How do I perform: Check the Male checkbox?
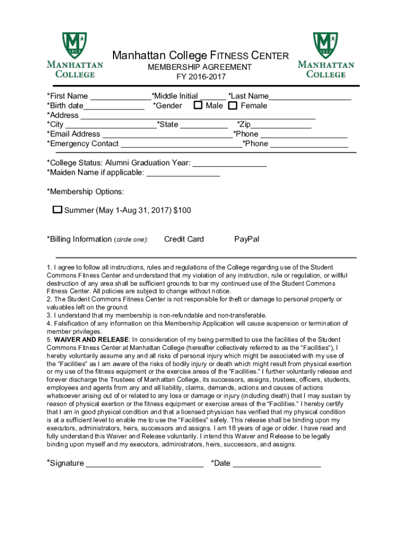(198, 106)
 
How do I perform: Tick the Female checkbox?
(233, 106)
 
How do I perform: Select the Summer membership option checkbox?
(57, 210)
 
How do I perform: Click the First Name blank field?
(120, 96)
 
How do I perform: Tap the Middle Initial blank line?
(212, 96)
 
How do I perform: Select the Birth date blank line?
(114, 106)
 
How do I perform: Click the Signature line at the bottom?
(144, 464)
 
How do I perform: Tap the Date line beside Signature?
(277, 464)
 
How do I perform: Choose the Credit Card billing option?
(184, 239)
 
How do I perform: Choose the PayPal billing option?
(247, 239)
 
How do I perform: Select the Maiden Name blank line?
(183, 173)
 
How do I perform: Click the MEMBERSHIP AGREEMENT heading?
(199, 67)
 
